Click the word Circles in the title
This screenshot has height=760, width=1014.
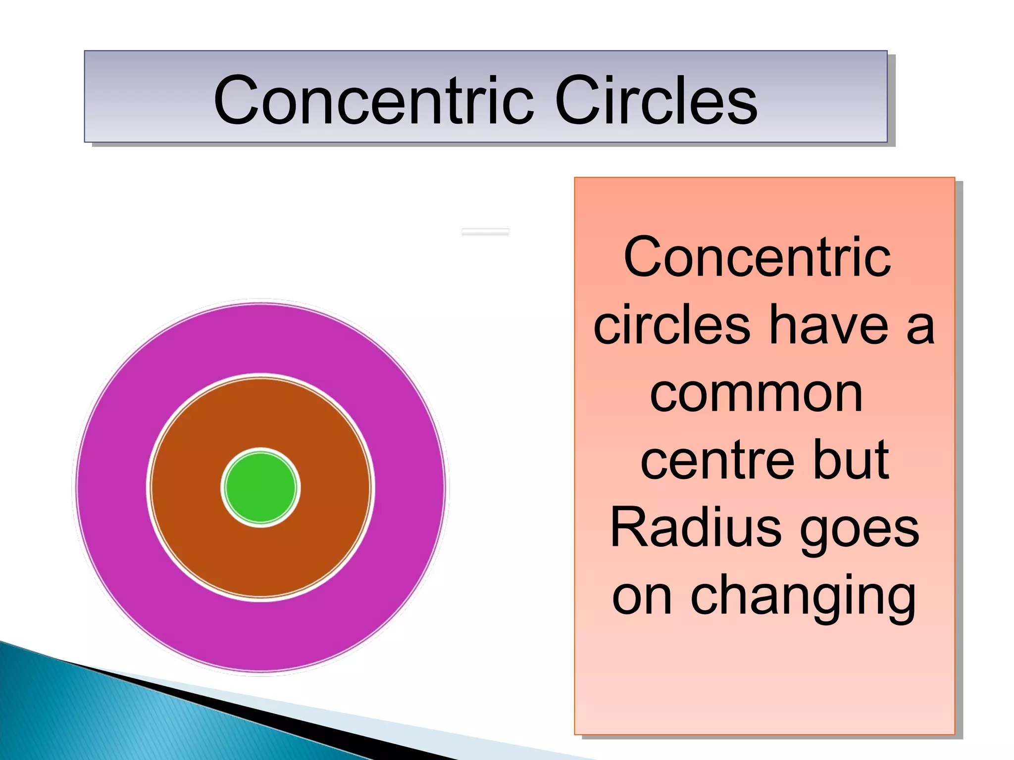point(656,100)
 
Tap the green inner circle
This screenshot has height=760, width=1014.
point(260,487)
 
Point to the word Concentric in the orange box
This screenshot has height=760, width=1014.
point(758,257)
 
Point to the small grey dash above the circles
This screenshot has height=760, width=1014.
point(485,232)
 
